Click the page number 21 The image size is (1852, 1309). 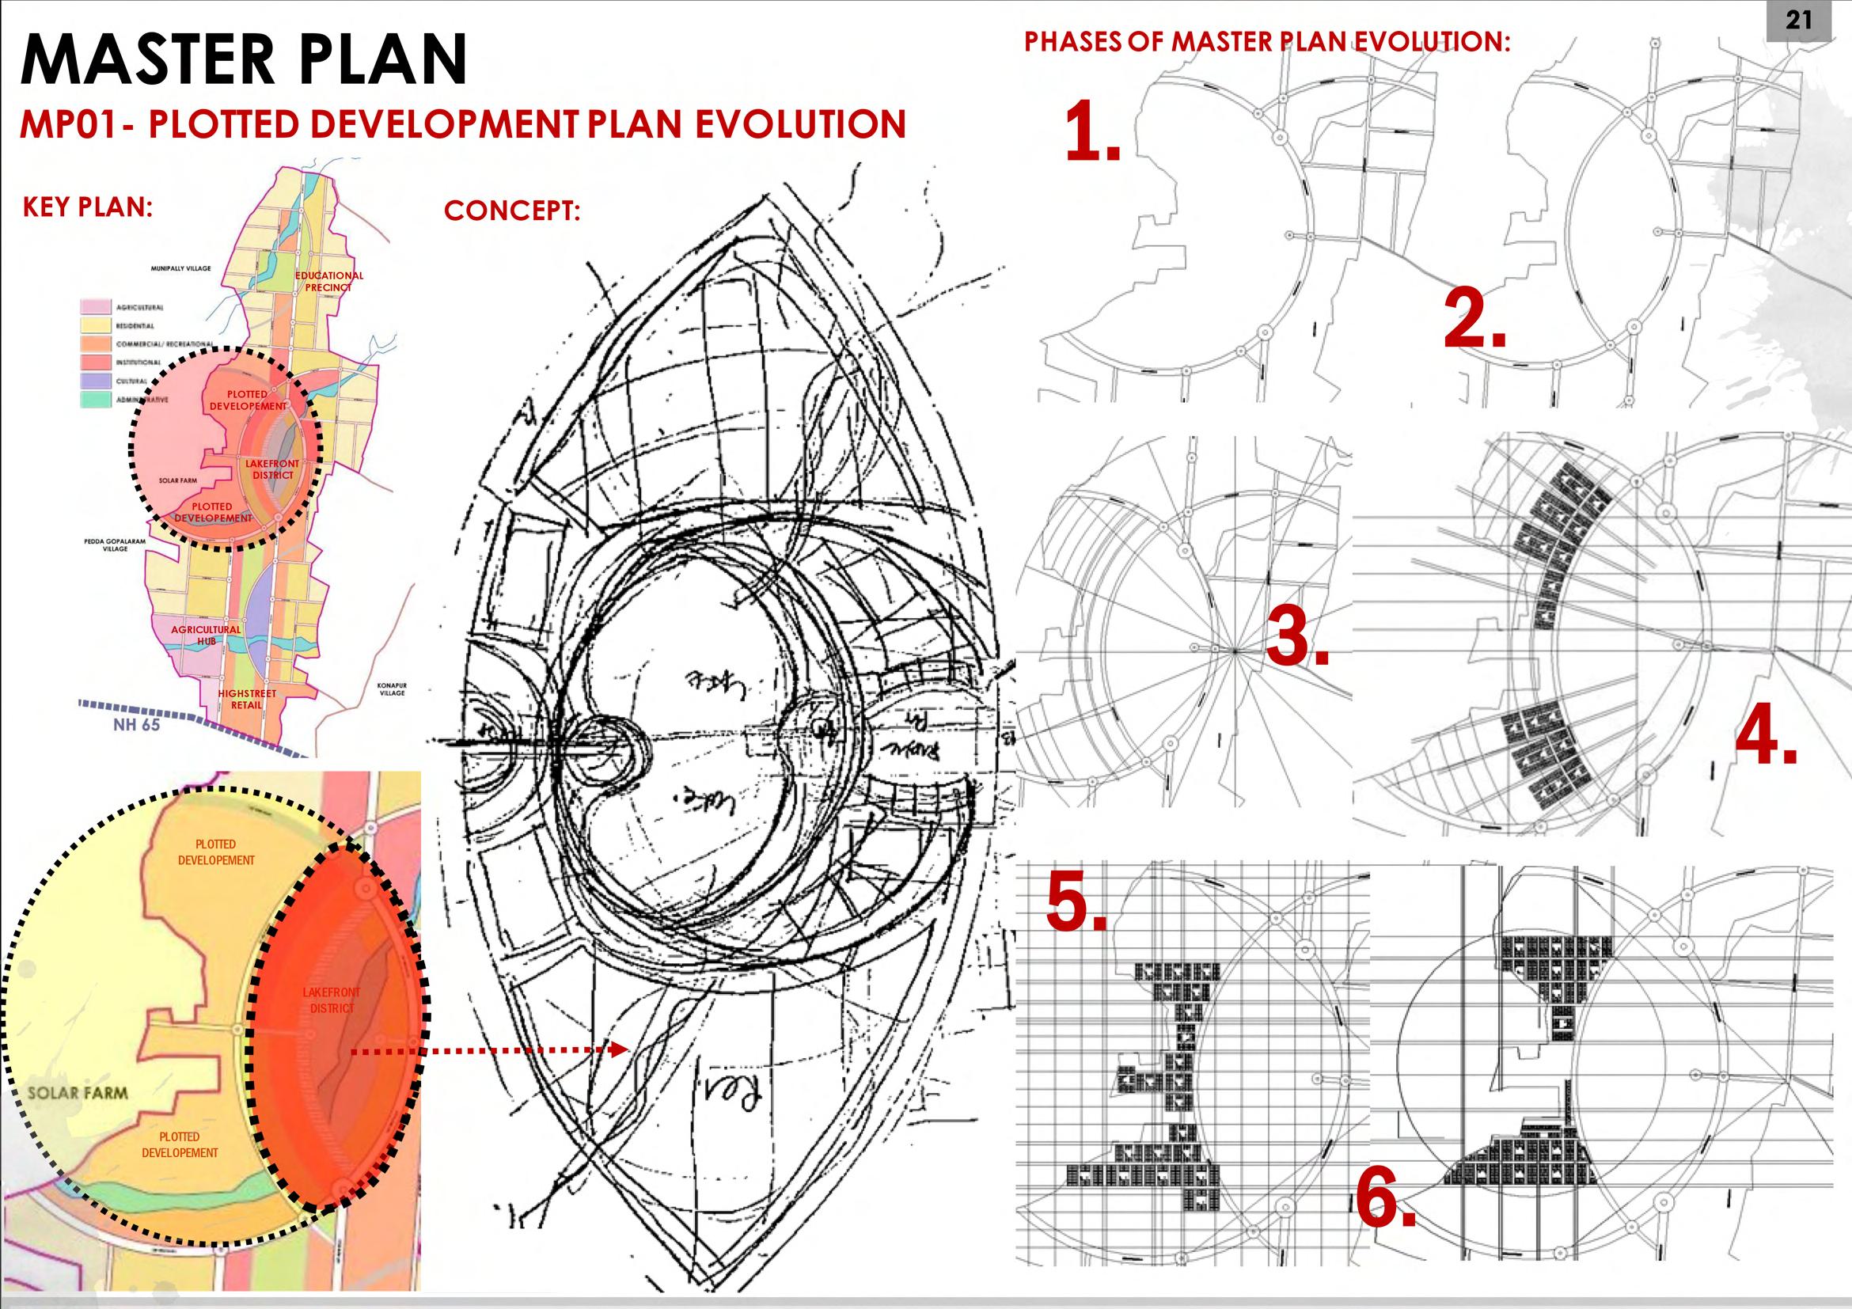point(1798,20)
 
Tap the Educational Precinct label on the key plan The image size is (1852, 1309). point(328,281)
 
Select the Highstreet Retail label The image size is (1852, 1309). point(247,699)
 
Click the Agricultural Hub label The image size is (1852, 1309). point(206,635)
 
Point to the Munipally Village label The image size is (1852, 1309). point(180,267)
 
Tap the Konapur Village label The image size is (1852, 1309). point(392,689)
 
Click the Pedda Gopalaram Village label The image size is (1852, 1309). point(115,544)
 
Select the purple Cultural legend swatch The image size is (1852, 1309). point(96,381)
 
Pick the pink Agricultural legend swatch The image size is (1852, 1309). point(96,307)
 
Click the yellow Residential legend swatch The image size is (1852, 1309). point(96,326)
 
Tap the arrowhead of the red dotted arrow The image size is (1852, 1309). point(620,1049)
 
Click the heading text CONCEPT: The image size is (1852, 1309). point(512,211)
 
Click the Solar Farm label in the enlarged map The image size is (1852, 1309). point(78,1093)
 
